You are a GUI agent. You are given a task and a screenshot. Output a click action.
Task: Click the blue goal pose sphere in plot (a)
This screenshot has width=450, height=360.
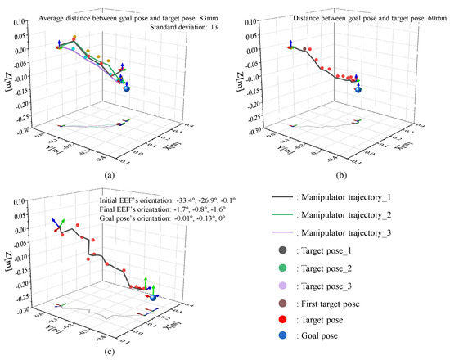pos(127,88)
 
